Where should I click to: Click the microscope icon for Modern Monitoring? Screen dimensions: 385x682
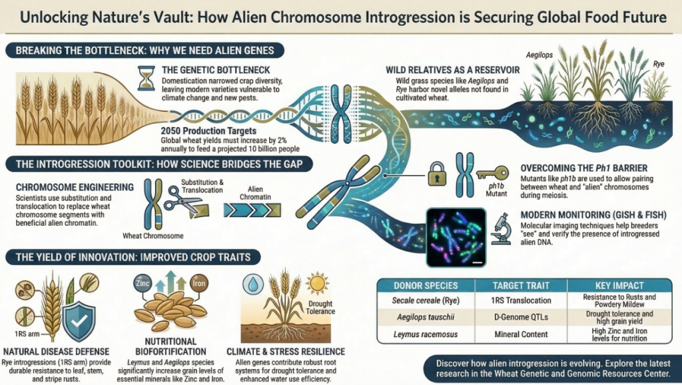[500, 228]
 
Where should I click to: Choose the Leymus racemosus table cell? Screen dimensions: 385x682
[425, 335]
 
